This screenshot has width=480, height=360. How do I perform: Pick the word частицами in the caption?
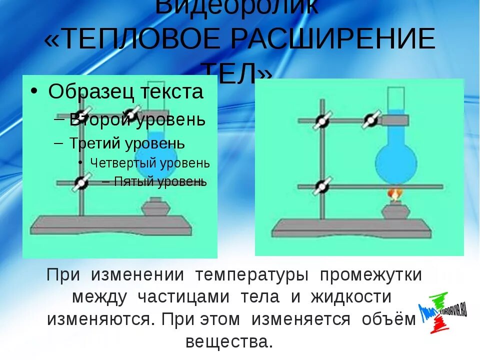tap(183, 296)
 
